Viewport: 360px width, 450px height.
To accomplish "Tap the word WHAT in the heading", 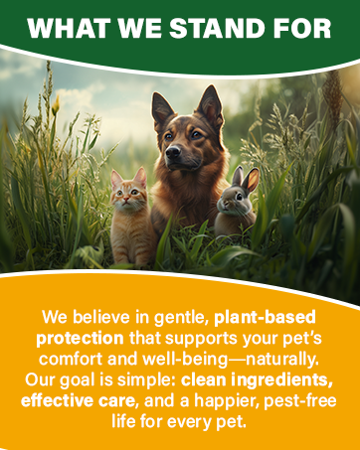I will click(66, 28).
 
